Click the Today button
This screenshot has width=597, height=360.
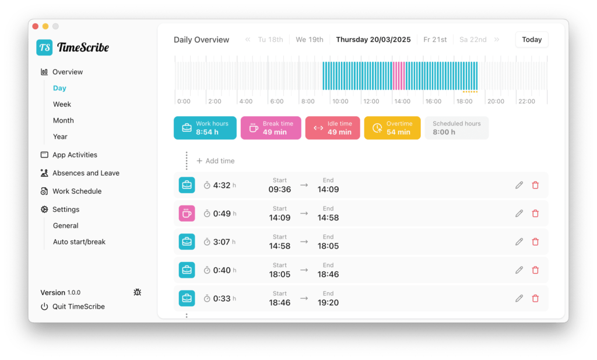[x=532, y=40]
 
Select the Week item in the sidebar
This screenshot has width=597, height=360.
[x=62, y=104]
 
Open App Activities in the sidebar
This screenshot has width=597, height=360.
[x=75, y=155]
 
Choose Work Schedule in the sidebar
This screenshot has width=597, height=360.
[x=77, y=191]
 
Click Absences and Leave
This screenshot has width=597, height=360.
[x=86, y=173]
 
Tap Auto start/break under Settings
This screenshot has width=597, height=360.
[x=79, y=242]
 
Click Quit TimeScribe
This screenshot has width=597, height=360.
[x=79, y=307]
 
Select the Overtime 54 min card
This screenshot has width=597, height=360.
[x=392, y=128]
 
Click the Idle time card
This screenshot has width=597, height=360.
[x=332, y=128]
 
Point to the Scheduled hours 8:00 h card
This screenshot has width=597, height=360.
[x=456, y=128]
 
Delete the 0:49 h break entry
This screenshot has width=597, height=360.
[x=535, y=214]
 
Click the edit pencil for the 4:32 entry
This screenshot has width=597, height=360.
[x=519, y=185]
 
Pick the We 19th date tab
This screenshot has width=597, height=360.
[x=310, y=40]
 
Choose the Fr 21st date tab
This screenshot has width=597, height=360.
[x=435, y=40]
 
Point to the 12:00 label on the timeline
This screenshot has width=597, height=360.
[x=371, y=102]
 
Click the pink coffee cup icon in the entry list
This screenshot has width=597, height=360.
[x=187, y=214]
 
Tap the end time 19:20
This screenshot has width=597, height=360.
[x=328, y=302]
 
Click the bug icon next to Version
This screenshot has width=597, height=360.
[x=138, y=292]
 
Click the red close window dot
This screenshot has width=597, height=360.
[x=36, y=26]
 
